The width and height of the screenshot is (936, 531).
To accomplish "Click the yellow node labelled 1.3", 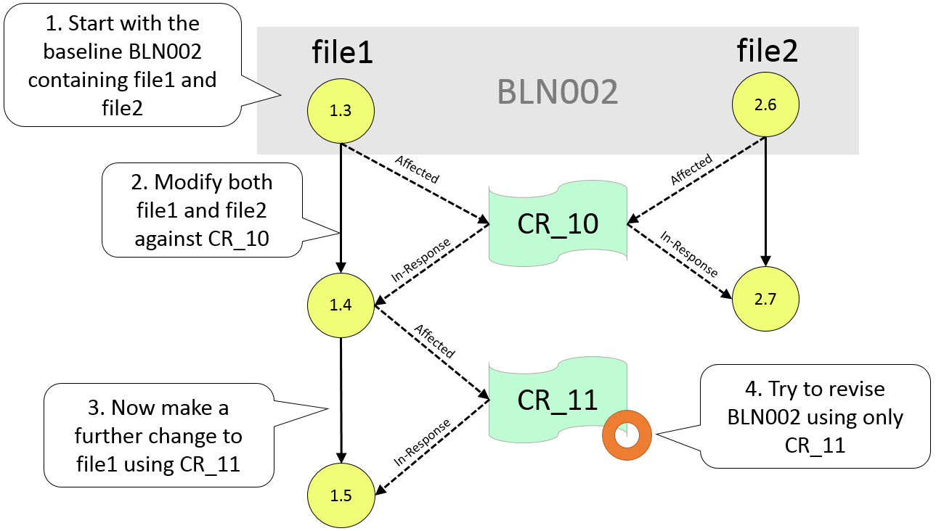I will [x=341, y=110].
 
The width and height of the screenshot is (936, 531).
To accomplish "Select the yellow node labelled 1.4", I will [x=341, y=305].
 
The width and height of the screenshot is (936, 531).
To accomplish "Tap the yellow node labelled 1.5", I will [x=341, y=496].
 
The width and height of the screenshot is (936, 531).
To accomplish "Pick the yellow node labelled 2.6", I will [x=765, y=105].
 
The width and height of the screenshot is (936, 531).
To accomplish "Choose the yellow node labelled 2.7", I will [x=765, y=298].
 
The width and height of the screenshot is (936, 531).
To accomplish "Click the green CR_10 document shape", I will [x=558, y=223].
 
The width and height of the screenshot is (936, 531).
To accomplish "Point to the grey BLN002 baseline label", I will [x=557, y=92].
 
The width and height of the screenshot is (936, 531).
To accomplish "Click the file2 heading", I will [x=767, y=51].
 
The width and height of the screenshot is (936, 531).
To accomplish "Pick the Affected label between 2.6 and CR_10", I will [x=691, y=170].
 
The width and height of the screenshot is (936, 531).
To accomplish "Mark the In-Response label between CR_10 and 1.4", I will [x=422, y=260].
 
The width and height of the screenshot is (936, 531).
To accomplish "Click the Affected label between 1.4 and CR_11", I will [x=434, y=341].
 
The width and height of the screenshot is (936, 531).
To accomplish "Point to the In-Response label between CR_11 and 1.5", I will [x=422, y=441].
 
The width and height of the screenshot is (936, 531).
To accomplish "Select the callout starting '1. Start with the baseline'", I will [x=121, y=64].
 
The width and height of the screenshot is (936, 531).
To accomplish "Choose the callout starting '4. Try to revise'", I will [x=815, y=416].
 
